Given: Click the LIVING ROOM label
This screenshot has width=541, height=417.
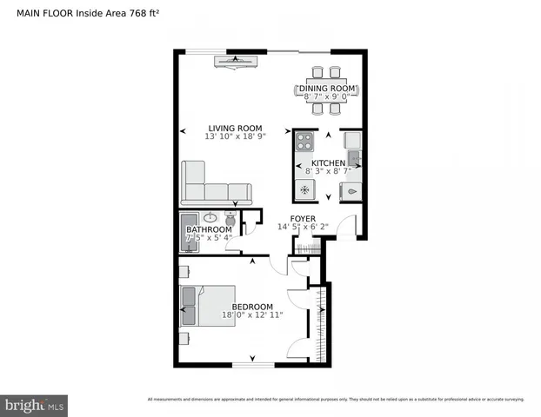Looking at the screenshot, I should click(235, 129).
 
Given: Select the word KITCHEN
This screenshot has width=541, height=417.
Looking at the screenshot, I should click(328, 163).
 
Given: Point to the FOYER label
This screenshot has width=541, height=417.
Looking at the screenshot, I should click(303, 218).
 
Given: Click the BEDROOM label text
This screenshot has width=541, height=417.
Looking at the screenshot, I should click(251, 307).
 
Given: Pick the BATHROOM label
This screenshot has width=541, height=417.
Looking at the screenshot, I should click(209, 229).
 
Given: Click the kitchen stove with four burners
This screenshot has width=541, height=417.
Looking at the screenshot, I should click(304, 141).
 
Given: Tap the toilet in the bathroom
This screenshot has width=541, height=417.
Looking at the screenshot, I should click(230, 216).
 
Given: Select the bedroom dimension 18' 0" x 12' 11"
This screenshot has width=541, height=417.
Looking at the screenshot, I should click(251, 315).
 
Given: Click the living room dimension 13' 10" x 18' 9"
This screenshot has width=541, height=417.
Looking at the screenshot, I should click(235, 137).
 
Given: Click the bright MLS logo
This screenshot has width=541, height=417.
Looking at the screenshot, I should click(34, 405).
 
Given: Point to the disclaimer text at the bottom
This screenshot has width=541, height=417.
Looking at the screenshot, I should click(336, 400).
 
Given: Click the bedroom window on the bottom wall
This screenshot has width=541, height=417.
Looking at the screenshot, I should click(253, 365).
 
